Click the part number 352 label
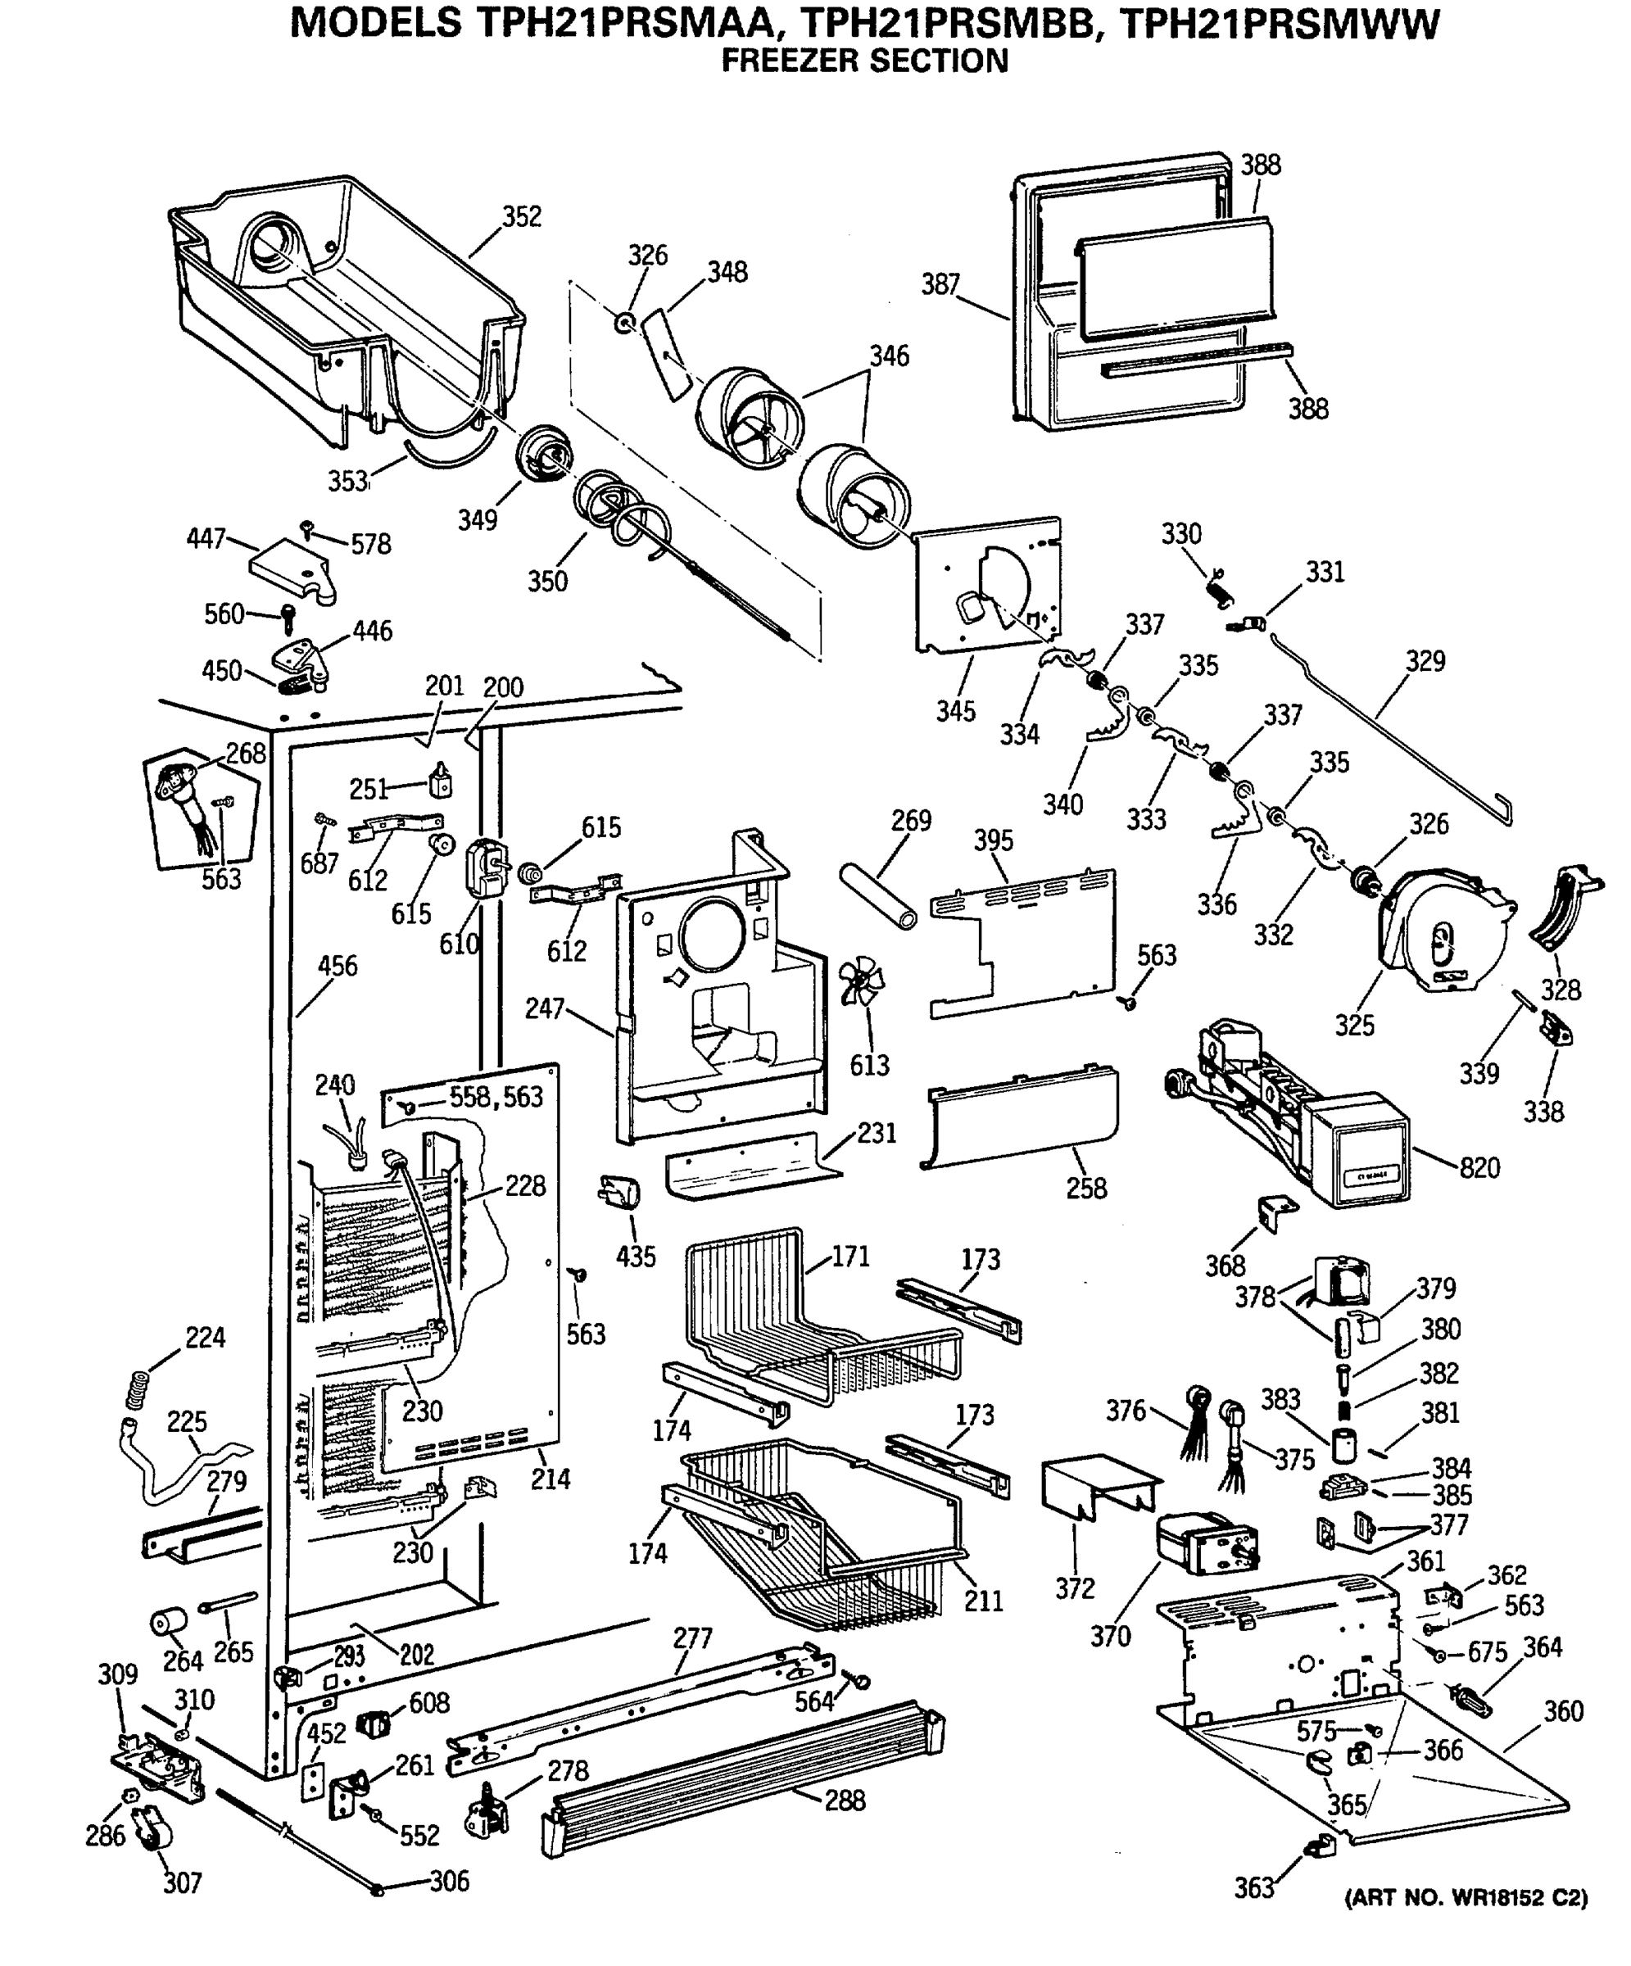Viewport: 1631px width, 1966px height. (522, 216)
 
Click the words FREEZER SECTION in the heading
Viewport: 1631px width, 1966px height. (864, 61)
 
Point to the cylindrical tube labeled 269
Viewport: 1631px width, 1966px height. (879, 897)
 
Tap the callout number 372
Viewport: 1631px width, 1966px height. (1075, 1588)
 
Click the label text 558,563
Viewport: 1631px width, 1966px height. (496, 1096)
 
